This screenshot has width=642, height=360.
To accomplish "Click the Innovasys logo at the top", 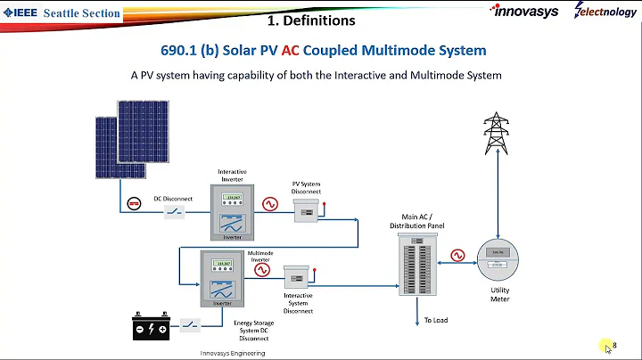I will click(x=525, y=12).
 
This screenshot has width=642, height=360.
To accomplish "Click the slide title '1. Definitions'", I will click(x=312, y=20).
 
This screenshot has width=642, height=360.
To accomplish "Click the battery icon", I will click(x=151, y=327).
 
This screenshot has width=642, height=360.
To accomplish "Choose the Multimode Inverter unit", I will click(x=222, y=279).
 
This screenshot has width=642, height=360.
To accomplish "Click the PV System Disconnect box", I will click(x=308, y=210).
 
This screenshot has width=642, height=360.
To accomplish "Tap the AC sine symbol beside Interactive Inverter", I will click(x=269, y=204).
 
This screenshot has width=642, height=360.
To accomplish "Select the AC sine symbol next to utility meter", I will click(x=457, y=256).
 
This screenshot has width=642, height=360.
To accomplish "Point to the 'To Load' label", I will click(x=435, y=320).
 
